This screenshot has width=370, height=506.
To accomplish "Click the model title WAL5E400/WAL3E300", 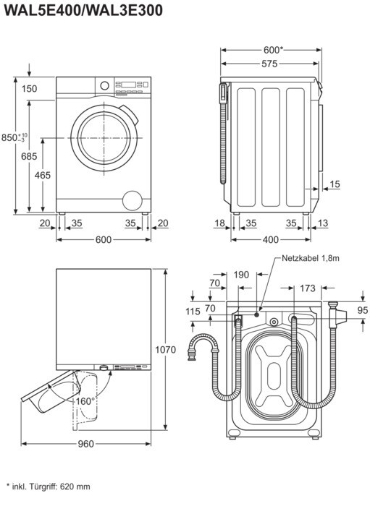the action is click(x=84, y=11).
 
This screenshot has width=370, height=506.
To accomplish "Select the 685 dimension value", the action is click(x=29, y=156).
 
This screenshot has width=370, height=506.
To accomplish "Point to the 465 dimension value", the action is click(x=43, y=175).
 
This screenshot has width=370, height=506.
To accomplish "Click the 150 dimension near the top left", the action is click(x=30, y=88).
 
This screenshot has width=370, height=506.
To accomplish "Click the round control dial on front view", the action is click(x=104, y=85).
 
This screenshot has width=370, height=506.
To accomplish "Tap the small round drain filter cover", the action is click(x=133, y=200).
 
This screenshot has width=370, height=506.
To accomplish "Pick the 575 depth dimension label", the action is click(x=269, y=64).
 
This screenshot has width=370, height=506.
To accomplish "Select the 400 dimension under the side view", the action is click(x=271, y=239).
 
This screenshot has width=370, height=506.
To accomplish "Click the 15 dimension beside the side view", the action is click(x=335, y=184).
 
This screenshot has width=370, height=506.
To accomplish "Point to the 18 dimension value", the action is click(x=219, y=223).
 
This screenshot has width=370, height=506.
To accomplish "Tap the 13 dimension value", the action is click(x=322, y=223).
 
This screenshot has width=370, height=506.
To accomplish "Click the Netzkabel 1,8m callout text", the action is click(x=311, y=258).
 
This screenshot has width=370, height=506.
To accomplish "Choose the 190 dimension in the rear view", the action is click(x=241, y=275).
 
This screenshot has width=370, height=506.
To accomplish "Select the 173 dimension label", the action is click(x=307, y=288).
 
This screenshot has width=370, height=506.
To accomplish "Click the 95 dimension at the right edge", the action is click(x=363, y=310).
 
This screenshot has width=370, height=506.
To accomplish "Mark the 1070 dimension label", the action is click(x=165, y=349).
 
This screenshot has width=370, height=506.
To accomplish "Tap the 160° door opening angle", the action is click(x=85, y=401).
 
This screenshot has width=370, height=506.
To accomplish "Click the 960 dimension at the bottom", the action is click(x=85, y=444).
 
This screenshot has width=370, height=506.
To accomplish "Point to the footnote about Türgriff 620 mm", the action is click(x=48, y=486).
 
